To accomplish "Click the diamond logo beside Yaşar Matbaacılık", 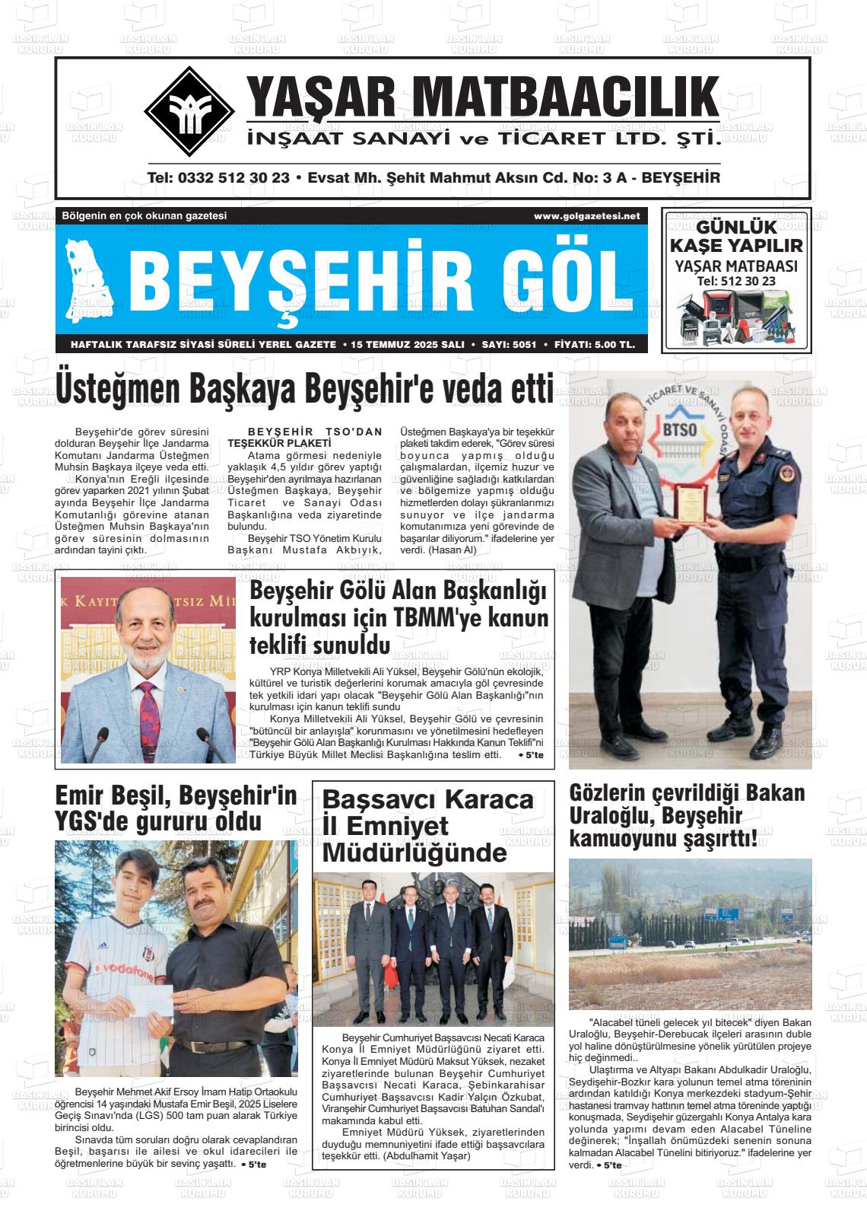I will click(189, 112).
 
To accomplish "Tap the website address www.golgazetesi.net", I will click(586, 216).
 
